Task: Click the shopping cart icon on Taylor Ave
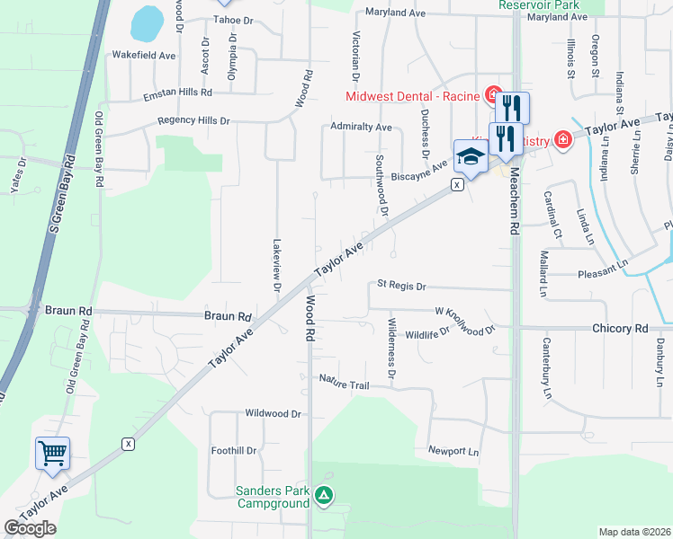(52, 454)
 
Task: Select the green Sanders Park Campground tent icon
(325, 494)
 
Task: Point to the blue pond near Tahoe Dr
(145, 23)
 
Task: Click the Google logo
(30, 528)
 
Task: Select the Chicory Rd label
(620, 329)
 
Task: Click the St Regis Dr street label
(400, 285)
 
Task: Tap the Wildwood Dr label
(273, 414)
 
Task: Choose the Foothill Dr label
(234, 451)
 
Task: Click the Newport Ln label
(453, 450)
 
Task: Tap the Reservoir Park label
(539, 4)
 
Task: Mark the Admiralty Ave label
(361, 127)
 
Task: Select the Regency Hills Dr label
(193, 120)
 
